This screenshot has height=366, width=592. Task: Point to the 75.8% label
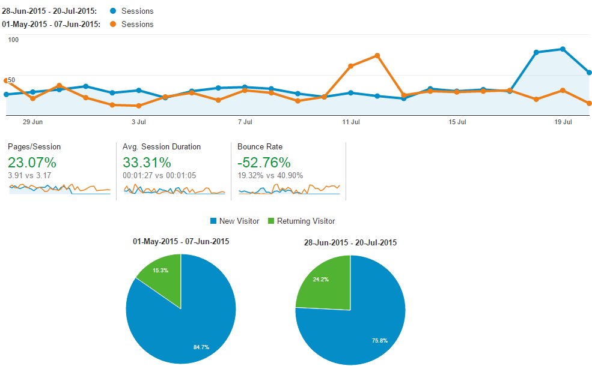point(379,340)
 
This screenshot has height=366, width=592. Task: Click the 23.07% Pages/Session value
point(32,163)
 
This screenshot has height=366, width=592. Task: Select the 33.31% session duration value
point(147,163)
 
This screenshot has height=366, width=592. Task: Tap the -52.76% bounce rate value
point(264,163)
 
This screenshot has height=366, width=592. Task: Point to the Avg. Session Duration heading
point(162,147)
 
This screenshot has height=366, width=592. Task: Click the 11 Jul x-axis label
point(351,122)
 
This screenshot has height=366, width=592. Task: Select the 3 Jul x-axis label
point(139,122)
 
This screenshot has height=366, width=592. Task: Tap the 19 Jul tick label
point(563,122)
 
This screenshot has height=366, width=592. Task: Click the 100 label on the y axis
point(14,40)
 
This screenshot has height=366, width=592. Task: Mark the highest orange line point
point(377,56)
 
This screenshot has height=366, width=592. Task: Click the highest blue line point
point(563,49)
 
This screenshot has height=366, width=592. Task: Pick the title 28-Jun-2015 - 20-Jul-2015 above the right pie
point(350,243)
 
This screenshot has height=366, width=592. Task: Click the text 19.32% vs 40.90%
point(270,176)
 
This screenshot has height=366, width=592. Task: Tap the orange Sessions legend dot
point(114,24)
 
